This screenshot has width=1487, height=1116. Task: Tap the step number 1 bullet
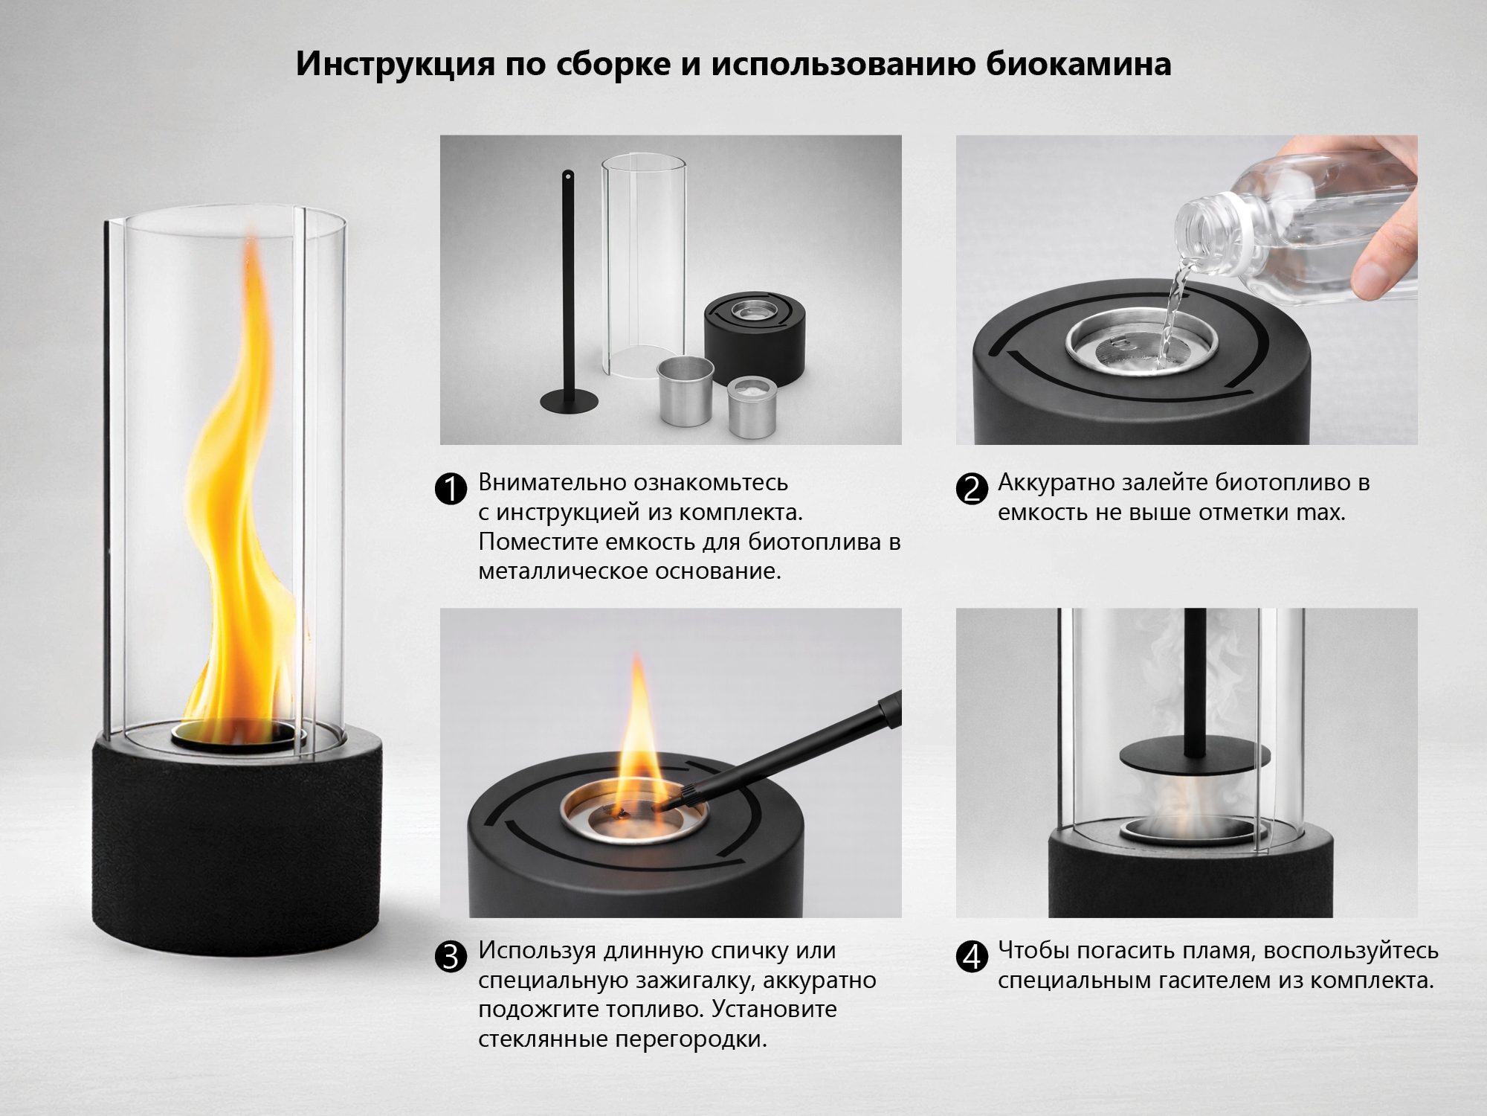(451, 490)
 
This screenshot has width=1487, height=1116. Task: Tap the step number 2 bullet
(971, 490)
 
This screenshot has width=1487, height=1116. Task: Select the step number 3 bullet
(451, 957)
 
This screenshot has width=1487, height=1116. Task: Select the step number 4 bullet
(971, 957)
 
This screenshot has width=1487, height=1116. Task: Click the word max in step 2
(1318, 513)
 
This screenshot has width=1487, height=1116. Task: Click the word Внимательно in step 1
(551, 482)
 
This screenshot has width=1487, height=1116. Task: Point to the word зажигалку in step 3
(695, 980)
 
